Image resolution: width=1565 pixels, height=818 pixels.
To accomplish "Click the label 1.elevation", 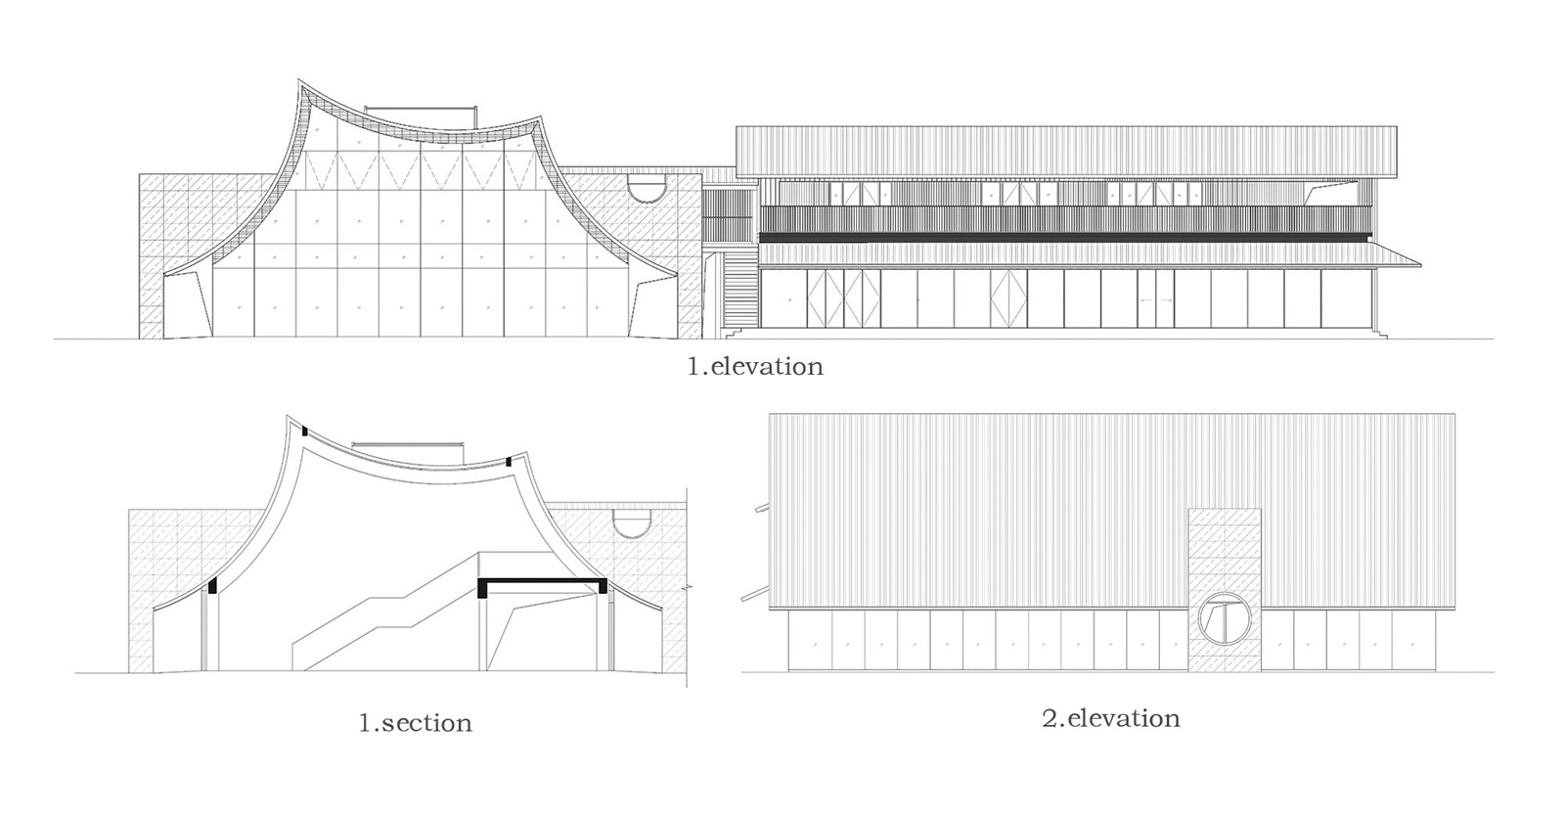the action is pos(755,366).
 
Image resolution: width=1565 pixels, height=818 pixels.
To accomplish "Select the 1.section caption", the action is pos(416,722).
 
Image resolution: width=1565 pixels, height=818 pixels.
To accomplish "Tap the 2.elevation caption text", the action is pos(1111,718).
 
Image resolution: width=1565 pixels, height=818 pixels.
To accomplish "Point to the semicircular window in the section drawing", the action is pos(632,523).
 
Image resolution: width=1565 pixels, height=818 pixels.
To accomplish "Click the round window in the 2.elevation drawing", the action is pos(1225,617).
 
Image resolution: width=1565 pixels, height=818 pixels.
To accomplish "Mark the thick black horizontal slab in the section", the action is pos(542,581).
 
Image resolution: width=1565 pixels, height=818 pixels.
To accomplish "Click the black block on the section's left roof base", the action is pos(213,585).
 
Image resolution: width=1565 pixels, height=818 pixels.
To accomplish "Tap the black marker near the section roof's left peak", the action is pos(304,432).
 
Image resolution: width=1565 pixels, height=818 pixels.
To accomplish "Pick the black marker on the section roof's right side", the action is pos(509,462).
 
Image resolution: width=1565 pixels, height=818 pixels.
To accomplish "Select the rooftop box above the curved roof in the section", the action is pos(408,451).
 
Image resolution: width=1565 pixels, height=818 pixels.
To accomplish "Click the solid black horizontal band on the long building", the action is pos(1065,238).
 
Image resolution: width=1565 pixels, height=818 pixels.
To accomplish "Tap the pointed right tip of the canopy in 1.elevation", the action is pos(1421,266).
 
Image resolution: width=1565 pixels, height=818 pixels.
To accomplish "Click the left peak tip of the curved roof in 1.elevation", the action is pos(299,79).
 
